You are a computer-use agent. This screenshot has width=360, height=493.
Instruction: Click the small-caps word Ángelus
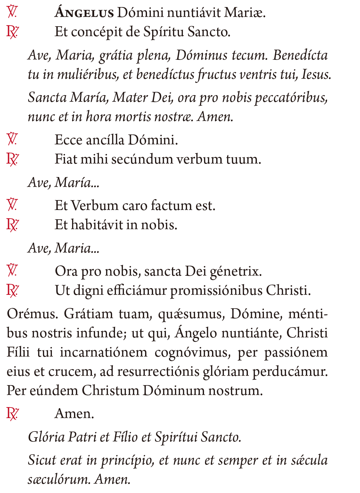tap(84, 13)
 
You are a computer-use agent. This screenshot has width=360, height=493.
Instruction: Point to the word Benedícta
tap(300, 55)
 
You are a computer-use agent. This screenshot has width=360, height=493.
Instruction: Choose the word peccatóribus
tap(291, 98)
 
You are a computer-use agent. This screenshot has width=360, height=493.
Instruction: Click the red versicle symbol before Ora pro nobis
tap(12, 271)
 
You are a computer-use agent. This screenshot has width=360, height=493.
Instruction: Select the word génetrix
tap(235, 272)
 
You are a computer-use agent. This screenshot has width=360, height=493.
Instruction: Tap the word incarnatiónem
tap(103, 352)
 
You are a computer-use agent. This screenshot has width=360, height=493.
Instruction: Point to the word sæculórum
tap(59, 480)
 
